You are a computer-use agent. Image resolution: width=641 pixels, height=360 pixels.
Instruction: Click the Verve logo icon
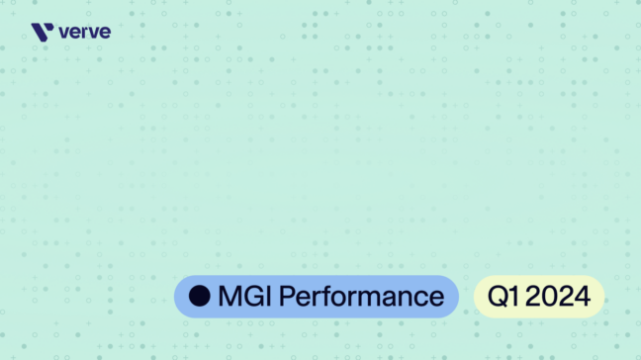coord(43,33)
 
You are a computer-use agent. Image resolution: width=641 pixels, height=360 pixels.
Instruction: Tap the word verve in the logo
coord(85,33)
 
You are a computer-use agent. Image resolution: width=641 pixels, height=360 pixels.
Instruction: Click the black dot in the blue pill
coord(200,296)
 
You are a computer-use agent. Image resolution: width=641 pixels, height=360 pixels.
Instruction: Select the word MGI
coord(243,296)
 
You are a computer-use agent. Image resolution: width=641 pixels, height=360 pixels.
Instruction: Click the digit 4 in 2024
coord(584,296)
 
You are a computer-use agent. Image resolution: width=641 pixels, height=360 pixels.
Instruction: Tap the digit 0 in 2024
coord(550,296)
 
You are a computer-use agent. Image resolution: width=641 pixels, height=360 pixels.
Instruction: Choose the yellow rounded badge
coord(538,296)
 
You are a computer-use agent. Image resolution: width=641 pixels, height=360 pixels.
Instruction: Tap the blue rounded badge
coord(317,296)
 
